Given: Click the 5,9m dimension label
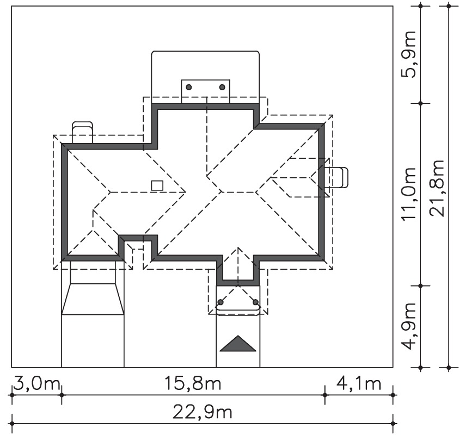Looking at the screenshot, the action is (x=409, y=54).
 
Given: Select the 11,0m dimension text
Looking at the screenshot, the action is (x=409, y=194).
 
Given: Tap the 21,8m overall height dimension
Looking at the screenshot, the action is (x=437, y=189).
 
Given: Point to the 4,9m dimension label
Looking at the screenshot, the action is (x=409, y=326).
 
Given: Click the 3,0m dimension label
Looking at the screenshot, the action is (x=36, y=383).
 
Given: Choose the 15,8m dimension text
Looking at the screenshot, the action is (x=193, y=383).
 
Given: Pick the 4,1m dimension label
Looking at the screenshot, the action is (x=359, y=383).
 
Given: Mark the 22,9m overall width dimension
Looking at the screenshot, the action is (x=203, y=412).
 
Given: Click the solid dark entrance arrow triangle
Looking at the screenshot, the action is (x=238, y=344).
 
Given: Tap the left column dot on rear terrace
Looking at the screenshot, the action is (x=189, y=87).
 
